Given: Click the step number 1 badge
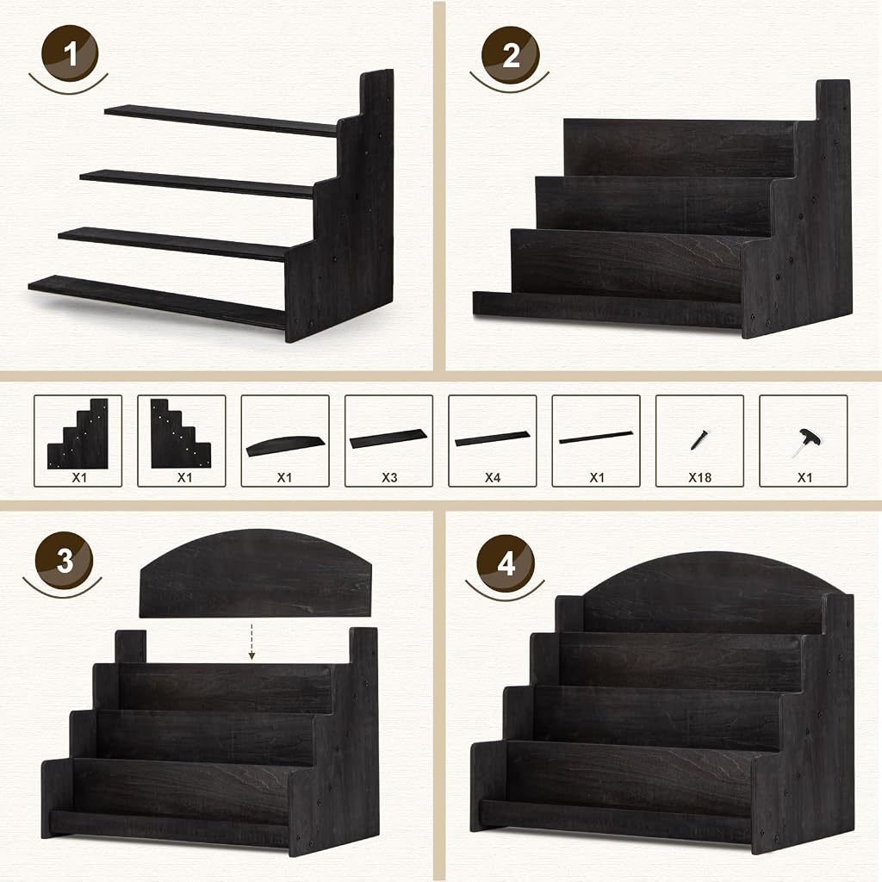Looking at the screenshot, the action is point(70,53).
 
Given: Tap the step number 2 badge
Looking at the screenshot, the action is point(510,55).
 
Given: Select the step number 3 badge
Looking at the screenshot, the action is point(64,560).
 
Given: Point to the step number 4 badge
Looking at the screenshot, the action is point(506,563).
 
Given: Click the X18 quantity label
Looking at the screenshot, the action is point(699,477).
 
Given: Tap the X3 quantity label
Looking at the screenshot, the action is point(389,477).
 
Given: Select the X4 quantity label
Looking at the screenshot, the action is point(493,477).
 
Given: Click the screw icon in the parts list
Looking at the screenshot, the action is point(699,440).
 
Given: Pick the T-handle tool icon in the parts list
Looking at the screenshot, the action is point(804,442).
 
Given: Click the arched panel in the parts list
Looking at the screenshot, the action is point(285,445).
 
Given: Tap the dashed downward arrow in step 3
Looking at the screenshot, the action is point(252,641).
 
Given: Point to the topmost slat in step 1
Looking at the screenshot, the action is point(220,121).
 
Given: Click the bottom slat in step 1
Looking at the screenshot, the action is point(158,301).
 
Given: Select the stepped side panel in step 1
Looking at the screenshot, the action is point(342,214).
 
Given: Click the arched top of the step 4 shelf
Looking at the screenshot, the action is point(706,580).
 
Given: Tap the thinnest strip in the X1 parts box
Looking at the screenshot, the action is point(596,437).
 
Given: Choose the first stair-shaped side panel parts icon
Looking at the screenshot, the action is point(78,434).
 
